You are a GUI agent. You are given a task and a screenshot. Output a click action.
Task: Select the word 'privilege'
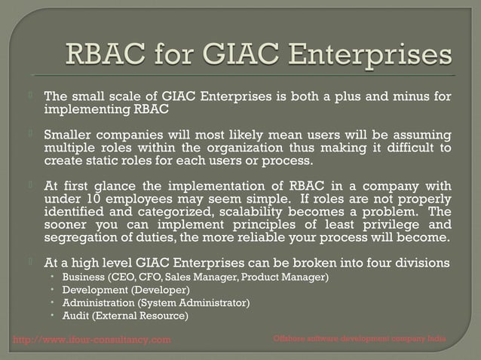[x=390, y=226]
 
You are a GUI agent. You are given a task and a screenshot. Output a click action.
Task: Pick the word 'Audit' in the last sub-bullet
[x=75, y=316]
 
